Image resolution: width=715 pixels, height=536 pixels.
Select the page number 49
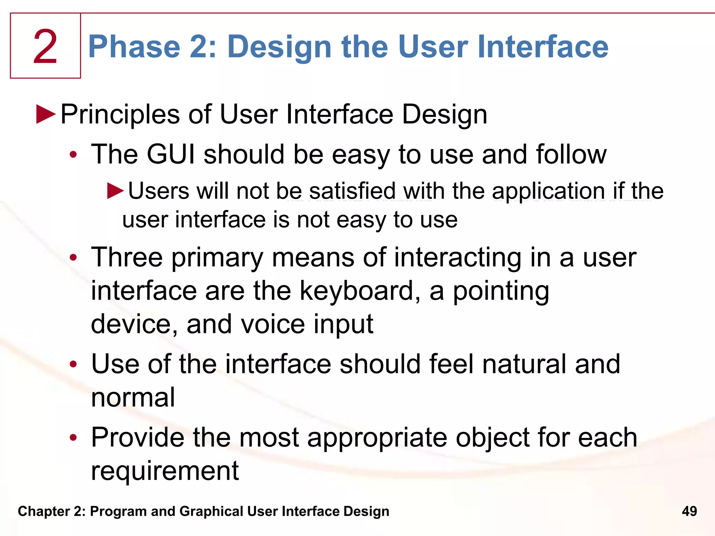[689, 511]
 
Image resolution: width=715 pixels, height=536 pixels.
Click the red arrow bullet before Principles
[46, 114]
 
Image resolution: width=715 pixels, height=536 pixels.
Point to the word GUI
[171, 154]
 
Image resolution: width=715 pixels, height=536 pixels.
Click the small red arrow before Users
[116, 191]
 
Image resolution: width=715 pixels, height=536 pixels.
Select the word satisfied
[353, 191]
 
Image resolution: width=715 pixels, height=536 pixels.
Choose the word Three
[127, 258]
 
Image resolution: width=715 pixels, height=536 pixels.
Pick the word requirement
[165, 470]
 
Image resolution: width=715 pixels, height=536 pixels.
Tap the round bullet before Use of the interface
[73, 364]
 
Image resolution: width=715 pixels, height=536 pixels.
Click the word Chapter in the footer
[44, 511]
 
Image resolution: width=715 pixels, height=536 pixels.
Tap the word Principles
[120, 114]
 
